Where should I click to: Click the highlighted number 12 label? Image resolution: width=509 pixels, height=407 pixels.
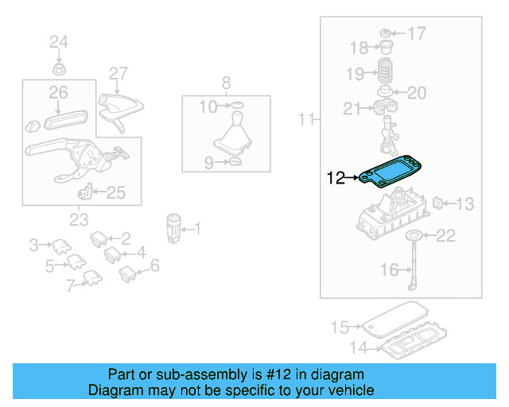pyautogui.click(x=336, y=178)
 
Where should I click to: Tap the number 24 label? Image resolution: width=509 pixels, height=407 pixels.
pyautogui.click(x=60, y=41)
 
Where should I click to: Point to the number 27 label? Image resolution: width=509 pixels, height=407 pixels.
pyautogui.click(x=118, y=74)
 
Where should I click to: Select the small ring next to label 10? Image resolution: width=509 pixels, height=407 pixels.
pyautogui.click(x=236, y=105)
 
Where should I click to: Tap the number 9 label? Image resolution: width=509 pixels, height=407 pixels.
pyautogui.click(x=209, y=164)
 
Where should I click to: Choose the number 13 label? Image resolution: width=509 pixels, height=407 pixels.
pyautogui.click(x=464, y=204)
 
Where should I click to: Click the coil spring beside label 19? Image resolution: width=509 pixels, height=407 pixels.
pyautogui.click(x=386, y=70)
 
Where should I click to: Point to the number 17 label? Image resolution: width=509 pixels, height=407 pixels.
pyautogui.click(x=417, y=33)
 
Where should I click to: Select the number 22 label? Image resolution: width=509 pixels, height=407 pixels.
pyautogui.click(x=447, y=235)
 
